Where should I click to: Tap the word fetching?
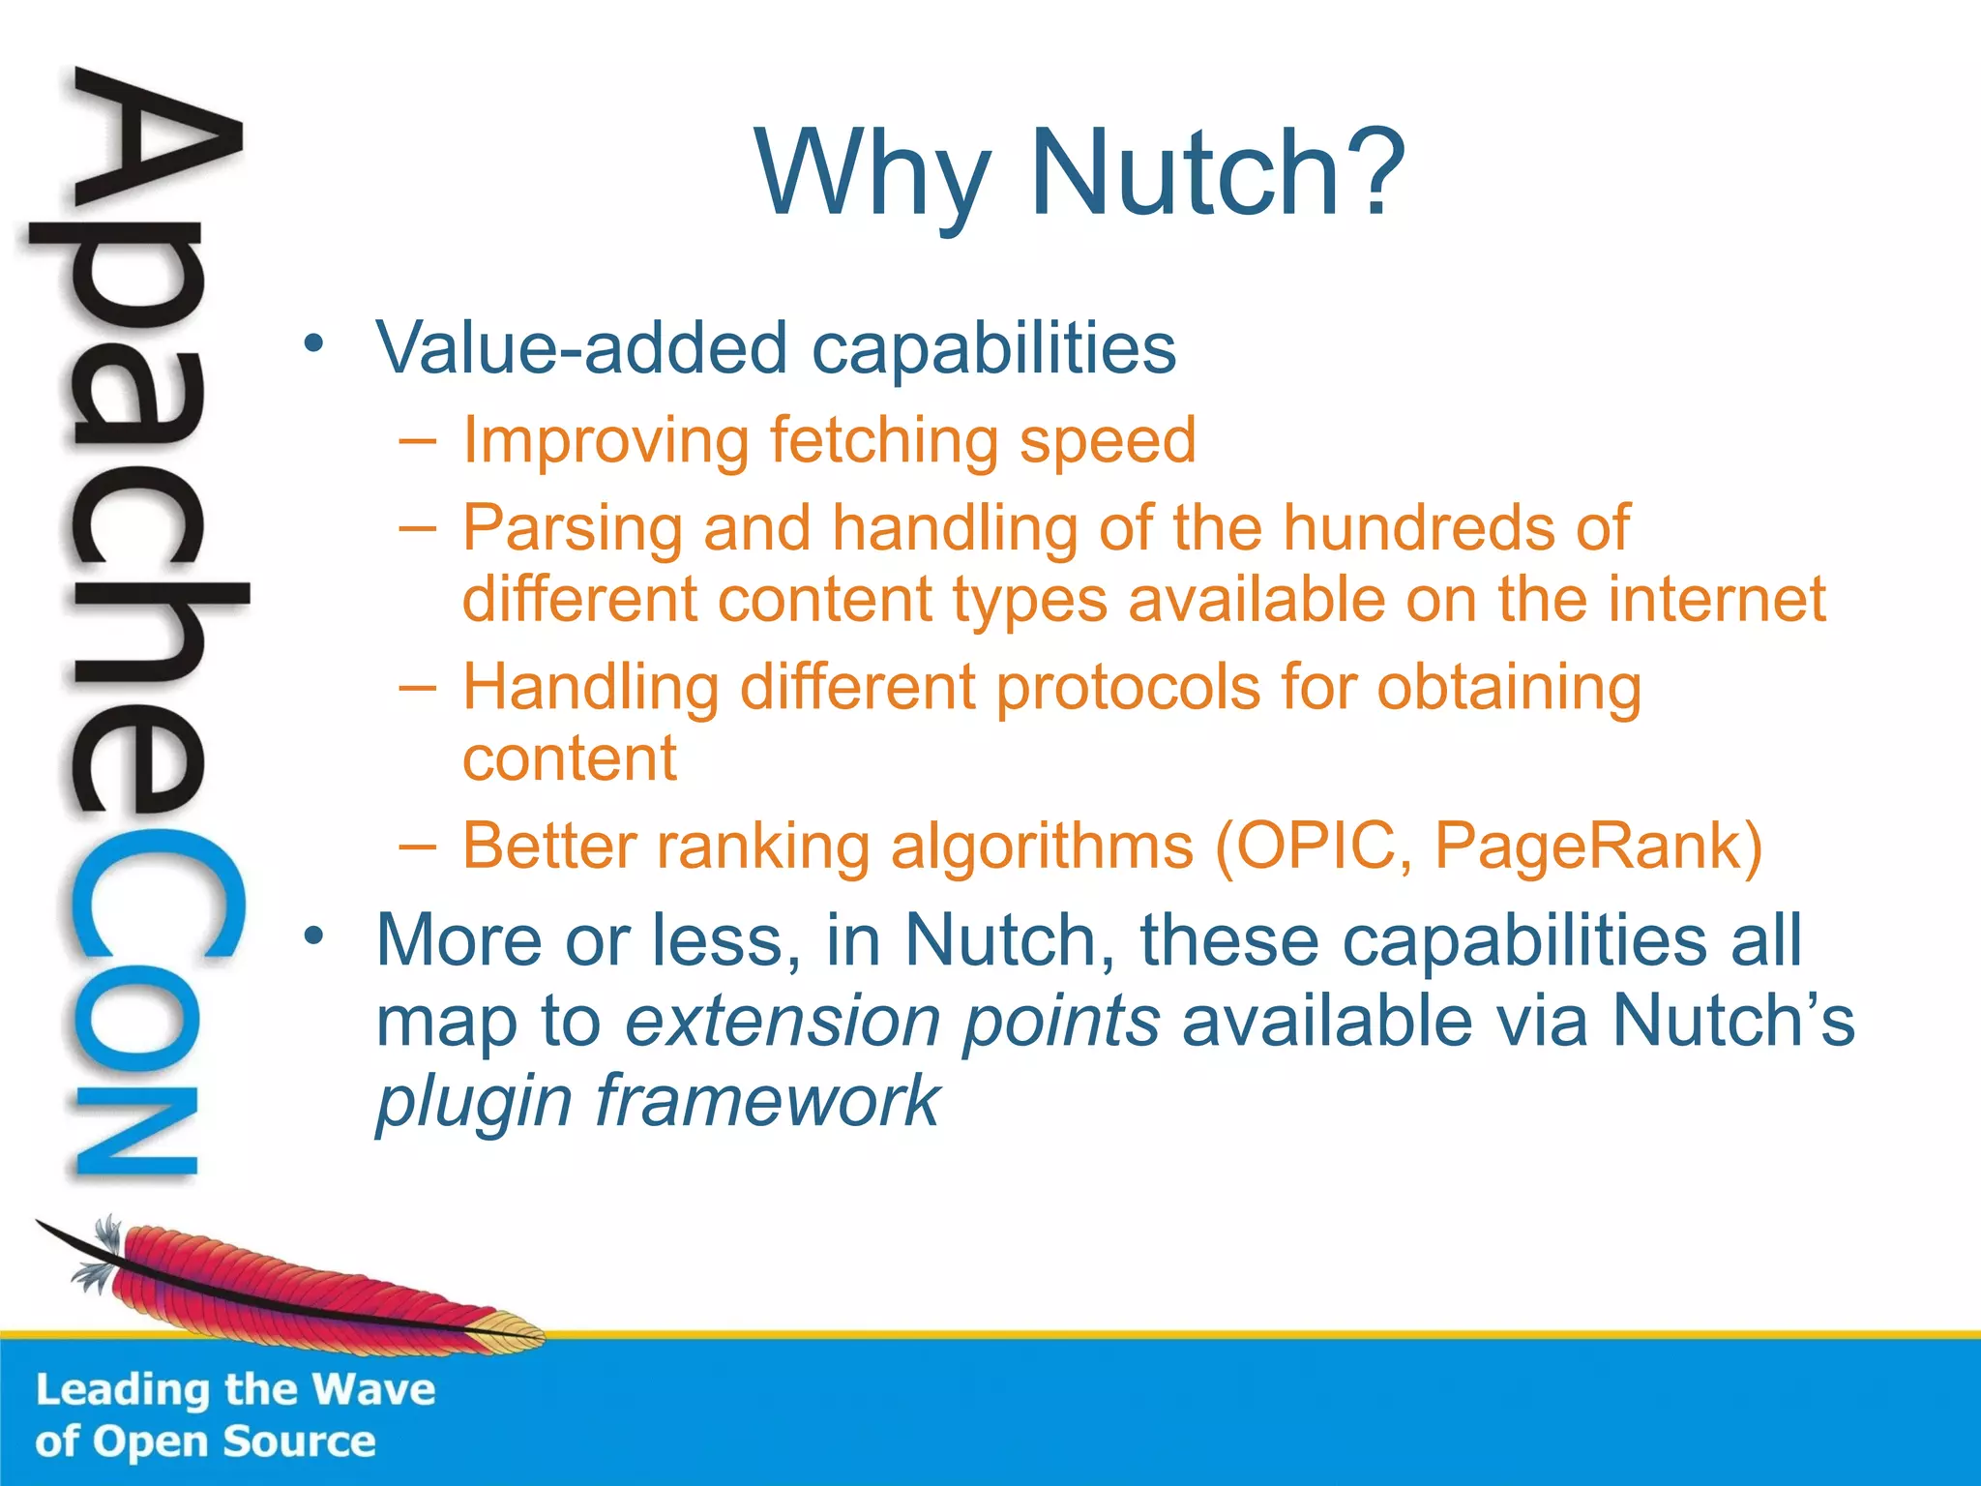point(883,441)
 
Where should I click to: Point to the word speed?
point(1108,441)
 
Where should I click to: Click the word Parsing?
point(572,529)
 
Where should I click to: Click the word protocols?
point(1128,688)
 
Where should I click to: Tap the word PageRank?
point(1586,846)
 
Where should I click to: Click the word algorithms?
point(1042,847)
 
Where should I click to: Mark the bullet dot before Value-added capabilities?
point(312,343)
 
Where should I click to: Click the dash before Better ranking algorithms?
point(417,846)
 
